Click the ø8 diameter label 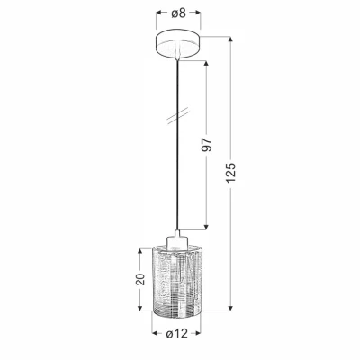[179, 13]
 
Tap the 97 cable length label [207, 145]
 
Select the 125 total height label [231, 173]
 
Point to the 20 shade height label [140, 279]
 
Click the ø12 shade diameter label [177, 333]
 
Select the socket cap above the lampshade [177, 240]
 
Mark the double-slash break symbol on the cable [178, 115]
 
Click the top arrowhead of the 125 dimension [230, 40]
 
